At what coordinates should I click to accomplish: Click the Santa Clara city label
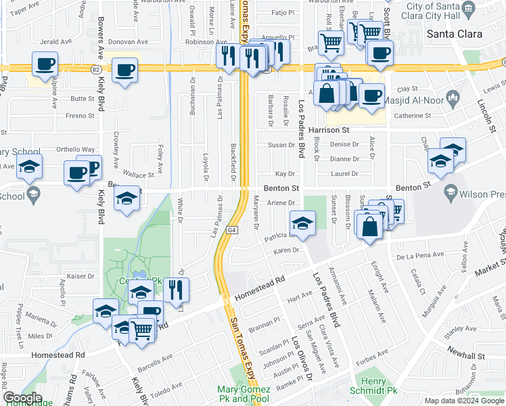coord(453,34)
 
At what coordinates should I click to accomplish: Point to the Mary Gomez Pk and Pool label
coord(244,394)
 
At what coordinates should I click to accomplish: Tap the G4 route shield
coord(233,231)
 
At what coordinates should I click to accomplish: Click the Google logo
coord(22,398)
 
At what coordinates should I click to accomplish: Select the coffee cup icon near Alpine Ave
coord(45,66)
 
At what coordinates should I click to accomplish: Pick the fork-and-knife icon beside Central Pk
coord(176,290)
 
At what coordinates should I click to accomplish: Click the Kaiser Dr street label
coord(80,276)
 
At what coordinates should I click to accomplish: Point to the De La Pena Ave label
coord(419,256)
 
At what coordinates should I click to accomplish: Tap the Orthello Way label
coord(75,150)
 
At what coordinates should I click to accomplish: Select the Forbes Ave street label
coord(373,353)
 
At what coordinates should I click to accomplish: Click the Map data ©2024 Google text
coord(463,401)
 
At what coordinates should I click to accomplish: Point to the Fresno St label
coord(80,116)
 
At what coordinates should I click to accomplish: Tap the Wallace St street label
coord(140,175)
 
